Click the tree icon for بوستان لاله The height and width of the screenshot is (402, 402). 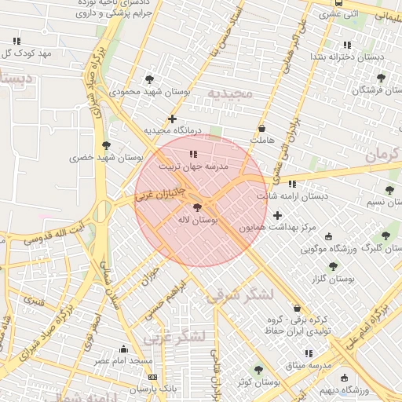click(196, 208)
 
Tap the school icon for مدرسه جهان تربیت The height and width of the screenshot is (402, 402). click(193, 154)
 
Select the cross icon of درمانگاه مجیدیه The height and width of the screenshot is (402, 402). click(172, 119)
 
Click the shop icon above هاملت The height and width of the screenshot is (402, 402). click(261, 127)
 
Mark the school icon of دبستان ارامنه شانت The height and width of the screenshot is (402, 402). click(293, 184)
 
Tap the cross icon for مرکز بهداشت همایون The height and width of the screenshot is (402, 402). click(277, 214)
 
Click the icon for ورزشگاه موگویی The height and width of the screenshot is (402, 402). click(328, 236)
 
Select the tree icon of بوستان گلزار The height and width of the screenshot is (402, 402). click(333, 266)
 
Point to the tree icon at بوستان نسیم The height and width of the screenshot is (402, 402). click(389, 190)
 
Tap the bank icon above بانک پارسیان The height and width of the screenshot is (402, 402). click(152, 377)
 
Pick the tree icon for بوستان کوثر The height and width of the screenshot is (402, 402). click(258, 370)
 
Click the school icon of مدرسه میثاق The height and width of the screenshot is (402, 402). click(309, 353)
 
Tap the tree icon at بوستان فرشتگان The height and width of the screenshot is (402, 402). click(381, 78)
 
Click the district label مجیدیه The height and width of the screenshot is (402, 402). click(230, 94)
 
